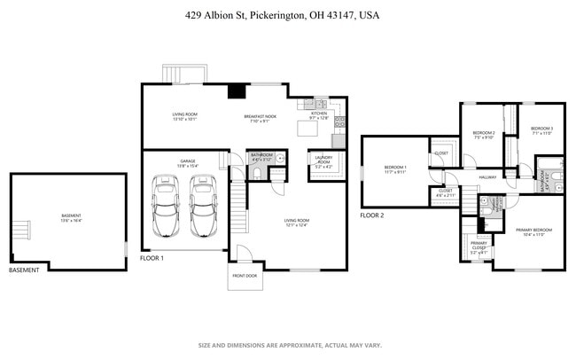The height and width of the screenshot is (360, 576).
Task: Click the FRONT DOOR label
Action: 245,276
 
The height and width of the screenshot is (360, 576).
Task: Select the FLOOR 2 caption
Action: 372,215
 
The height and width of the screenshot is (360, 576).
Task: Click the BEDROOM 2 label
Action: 484,135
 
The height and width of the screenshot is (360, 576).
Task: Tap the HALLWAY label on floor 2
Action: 488,177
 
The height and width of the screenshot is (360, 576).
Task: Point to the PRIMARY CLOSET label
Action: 479,245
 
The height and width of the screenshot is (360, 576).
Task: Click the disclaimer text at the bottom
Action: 288,345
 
